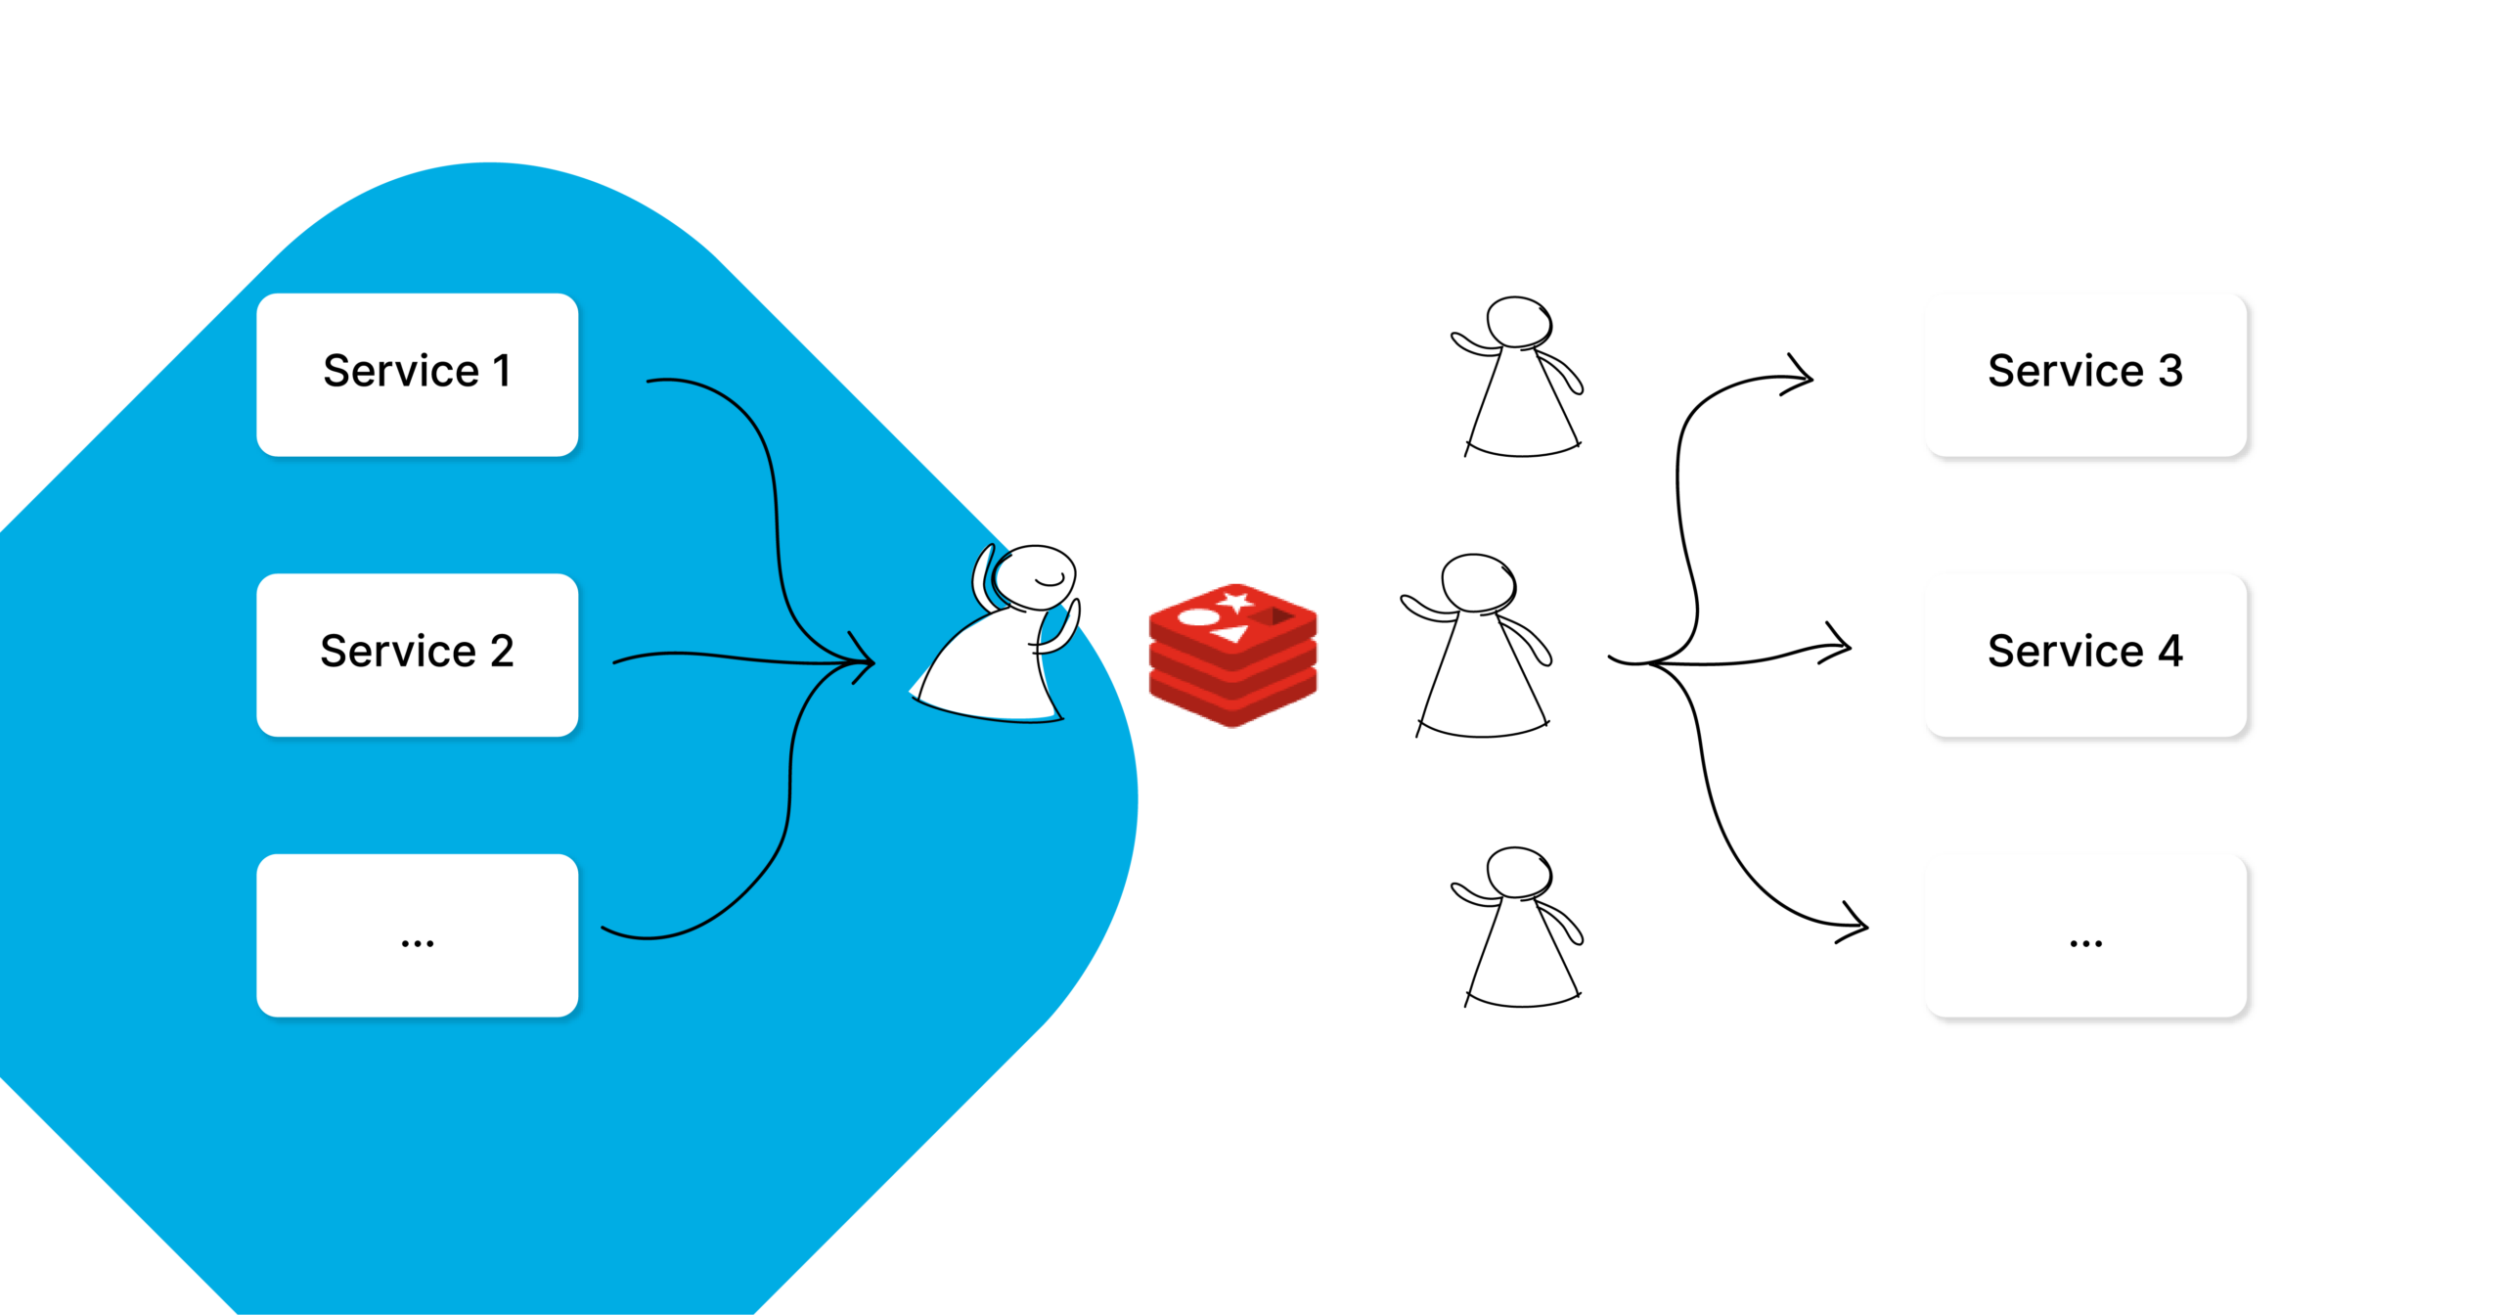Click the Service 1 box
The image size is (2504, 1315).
click(417, 375)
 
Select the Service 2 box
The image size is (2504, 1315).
click(417, 655)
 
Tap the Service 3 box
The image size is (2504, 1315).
click(2085, 375)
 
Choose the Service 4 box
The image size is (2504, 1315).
click(2085, 655)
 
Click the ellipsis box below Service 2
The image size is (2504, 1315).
click(417, 935)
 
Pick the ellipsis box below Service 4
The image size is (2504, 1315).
click(2085, 935)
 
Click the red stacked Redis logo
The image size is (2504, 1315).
click(1232, 655)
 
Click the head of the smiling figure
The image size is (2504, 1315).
click(1035, 577)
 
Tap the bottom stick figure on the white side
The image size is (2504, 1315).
click(1519, 930)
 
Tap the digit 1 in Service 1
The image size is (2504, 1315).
click(502, 372)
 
